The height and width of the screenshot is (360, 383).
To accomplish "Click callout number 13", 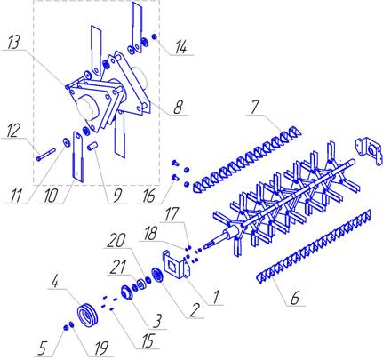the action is point(15,43).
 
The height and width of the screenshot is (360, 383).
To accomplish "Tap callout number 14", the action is point(181,47).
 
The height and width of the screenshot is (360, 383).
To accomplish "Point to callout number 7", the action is point(255,108).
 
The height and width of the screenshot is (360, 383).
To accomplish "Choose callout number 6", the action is point(295,298).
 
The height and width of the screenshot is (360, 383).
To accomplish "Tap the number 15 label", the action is point(148,341).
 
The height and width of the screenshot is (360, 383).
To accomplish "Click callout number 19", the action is point(100,348).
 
